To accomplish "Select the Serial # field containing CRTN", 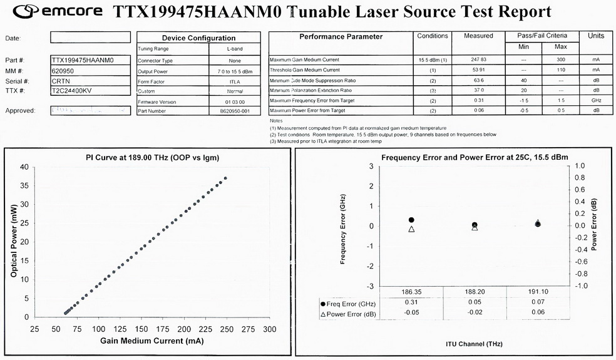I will coord(91,81).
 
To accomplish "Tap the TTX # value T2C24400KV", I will coord(91,91).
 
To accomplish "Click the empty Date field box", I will coord(91,38).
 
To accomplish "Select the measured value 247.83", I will coord(478,59).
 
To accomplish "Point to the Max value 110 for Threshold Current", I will coord(561,69).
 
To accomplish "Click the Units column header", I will coord(596,36).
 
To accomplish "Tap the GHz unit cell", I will coord(596,100).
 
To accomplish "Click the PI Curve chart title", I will coord(152,157).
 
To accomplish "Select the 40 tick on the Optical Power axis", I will coord(24,167).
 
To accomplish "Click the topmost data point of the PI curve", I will coord(225,178).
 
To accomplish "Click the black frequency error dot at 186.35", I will coord(411,220).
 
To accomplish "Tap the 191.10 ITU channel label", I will coord(538,292).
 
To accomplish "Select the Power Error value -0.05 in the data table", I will coord(411,312).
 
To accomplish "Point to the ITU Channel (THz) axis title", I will coord(474,344).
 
